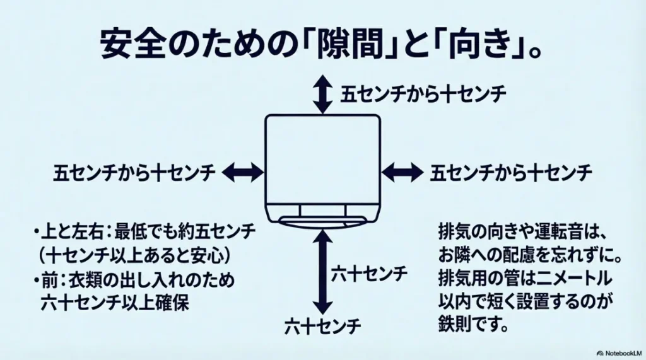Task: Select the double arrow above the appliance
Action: point(322,93)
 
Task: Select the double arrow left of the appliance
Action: point(244,171)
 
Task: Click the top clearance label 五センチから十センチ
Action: point(423,94)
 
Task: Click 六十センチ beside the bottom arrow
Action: point(369,275)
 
